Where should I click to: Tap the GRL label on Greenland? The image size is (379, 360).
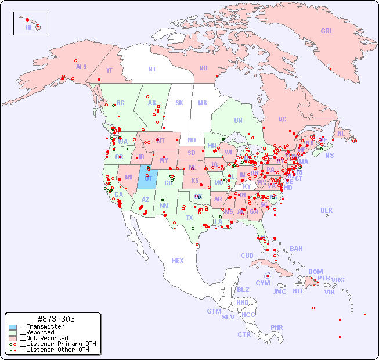(x=327, y=31)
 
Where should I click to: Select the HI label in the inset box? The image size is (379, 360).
(x=29, y=27)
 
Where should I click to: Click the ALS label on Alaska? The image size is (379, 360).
(x=81, y=67)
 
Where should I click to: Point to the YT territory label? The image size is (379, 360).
(x=109, y=70)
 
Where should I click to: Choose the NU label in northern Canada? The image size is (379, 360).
(x=203, y=68)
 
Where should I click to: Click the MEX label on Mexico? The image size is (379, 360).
(x=178, y=261)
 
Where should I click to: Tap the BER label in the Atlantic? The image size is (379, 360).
(x=326, y=210)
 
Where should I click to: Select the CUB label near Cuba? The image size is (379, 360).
(x=247, y=255)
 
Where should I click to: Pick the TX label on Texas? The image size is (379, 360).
(x=189, y=218)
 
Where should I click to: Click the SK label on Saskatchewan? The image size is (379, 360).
(x=179, y=103)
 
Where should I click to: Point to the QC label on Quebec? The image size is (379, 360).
(x=282, y=119)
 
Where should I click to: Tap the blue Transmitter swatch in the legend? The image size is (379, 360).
(x=13, y=327)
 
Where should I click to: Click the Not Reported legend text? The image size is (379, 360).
(x=44, y=338)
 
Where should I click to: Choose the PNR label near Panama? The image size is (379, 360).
(x=277, y=327)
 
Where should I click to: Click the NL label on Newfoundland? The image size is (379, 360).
(x=341, y=134)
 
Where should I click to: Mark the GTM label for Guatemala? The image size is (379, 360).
(x=214, y=311)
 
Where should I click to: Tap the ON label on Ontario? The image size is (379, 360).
(x=238, y=120)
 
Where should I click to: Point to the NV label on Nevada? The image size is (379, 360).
(x=128, y=177)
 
